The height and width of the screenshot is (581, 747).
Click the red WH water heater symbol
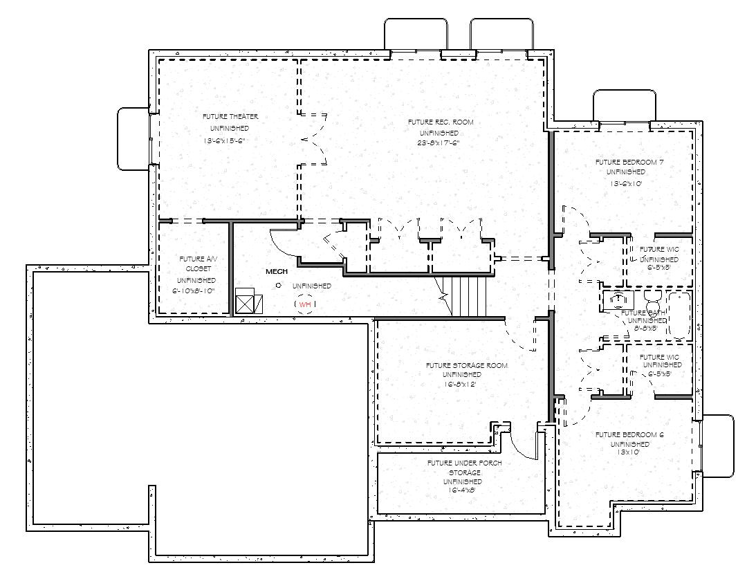(305, 304)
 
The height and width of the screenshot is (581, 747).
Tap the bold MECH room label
(277, 272)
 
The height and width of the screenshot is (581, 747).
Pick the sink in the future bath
(618, 299)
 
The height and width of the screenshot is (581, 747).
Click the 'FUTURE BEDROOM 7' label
(625, 163)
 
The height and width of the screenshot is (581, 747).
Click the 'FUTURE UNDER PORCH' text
(464, 463)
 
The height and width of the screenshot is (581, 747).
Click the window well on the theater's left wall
(133, 138)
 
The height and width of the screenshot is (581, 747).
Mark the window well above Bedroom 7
(624, 105)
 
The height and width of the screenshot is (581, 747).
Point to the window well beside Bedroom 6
(717, 446)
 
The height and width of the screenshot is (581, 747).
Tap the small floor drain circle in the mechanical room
(278, 285)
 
